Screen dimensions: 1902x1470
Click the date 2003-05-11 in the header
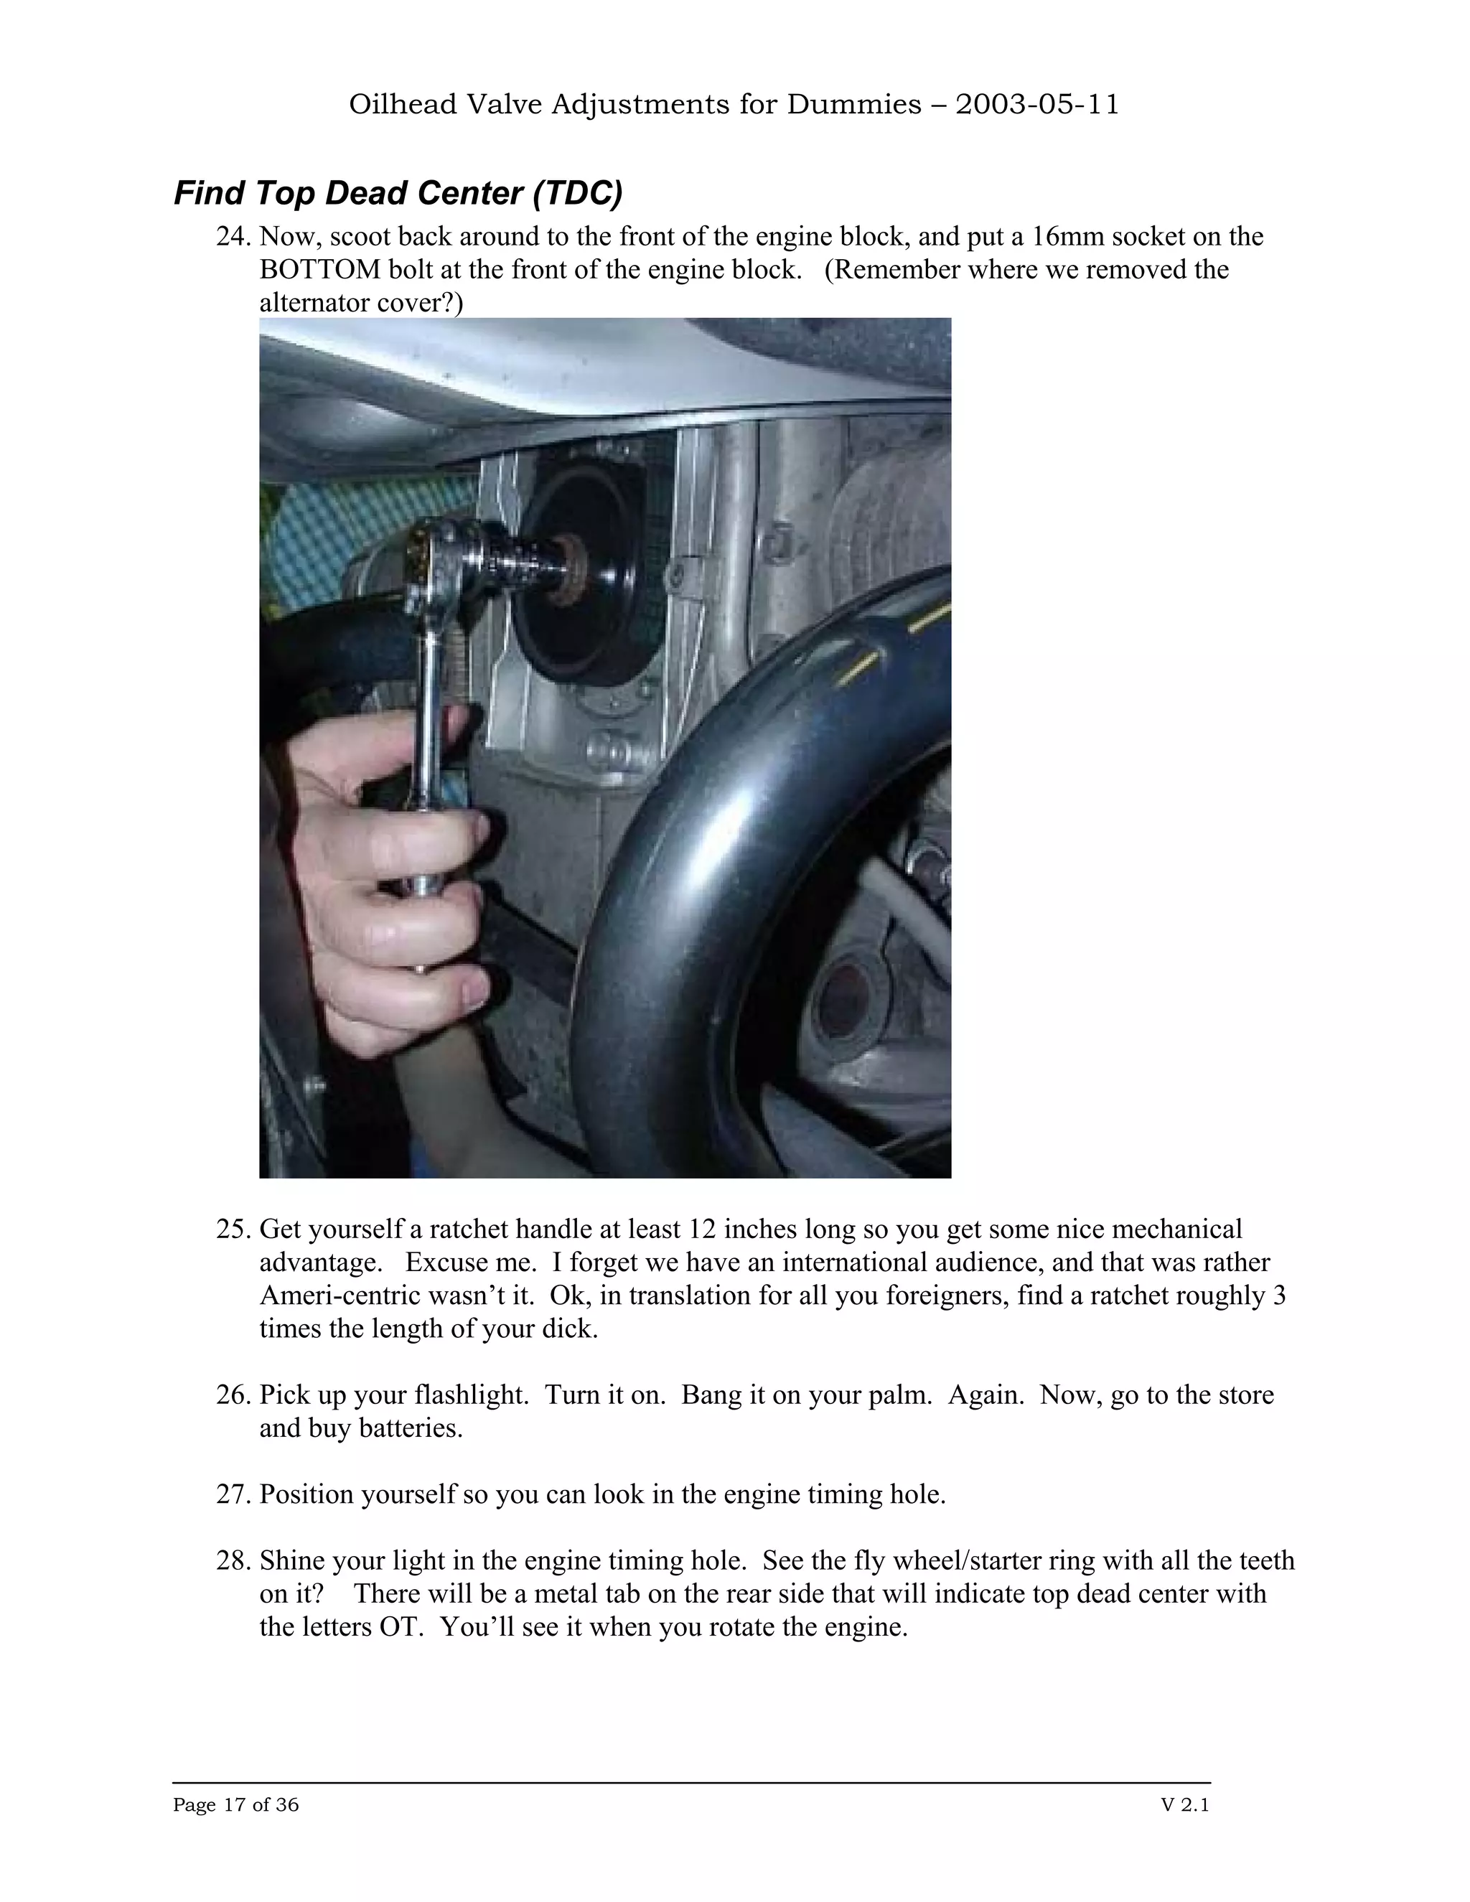[x=1036, y=105]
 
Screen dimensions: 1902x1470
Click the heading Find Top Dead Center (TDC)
[x=398, y=193]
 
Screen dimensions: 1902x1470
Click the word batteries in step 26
[x=408, y=1428]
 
